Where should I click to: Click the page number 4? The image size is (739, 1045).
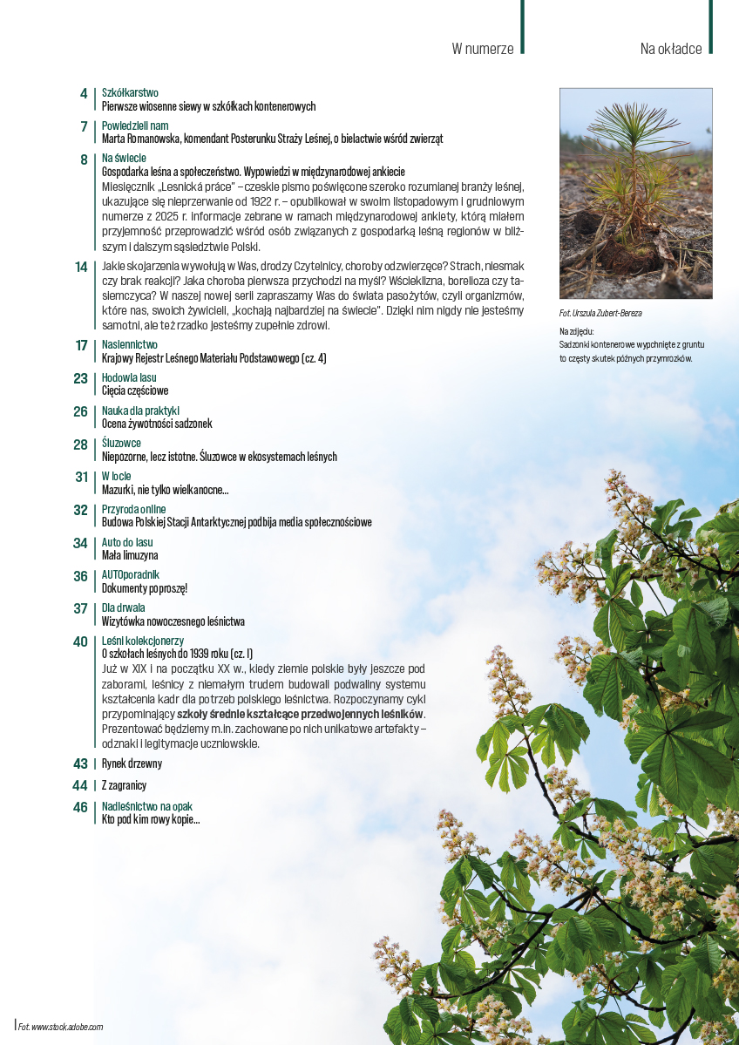point(83,94)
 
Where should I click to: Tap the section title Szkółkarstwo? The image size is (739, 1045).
point(130,92)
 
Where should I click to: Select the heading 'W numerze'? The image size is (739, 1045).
point(482,49)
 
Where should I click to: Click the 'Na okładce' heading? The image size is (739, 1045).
point(670,49)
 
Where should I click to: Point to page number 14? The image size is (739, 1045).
point(81,267)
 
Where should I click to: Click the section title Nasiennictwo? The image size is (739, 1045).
point(129,345)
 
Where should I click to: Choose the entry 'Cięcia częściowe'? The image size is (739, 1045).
point(135,391)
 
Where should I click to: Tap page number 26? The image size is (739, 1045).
point(80,411)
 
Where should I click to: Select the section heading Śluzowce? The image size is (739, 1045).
point(121,444)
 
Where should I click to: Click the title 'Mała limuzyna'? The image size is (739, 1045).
point(130,555)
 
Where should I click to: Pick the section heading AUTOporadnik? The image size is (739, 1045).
point(131,575)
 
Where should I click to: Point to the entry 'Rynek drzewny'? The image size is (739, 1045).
point(132,763)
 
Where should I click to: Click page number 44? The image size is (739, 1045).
point(80,785)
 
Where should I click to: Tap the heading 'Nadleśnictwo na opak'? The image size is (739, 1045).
point(147,807)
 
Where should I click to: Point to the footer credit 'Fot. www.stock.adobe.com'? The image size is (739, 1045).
point(61,1027)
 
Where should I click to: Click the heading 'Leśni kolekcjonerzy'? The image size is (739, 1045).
point(143,641)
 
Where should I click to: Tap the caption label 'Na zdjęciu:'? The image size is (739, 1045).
point(577,332)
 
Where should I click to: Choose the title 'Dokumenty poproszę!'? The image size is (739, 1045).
point(145,588)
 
